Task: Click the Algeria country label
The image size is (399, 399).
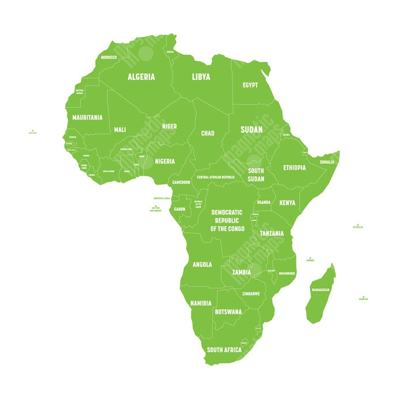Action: tap(141, 77)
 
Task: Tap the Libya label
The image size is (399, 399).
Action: tap(201, 77)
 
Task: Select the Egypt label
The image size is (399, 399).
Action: tap(250, 85)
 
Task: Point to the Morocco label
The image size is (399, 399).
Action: tap(108, 58)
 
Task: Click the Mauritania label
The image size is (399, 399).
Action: tap(87, 117)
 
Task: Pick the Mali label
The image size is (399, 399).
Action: tap(120, 130)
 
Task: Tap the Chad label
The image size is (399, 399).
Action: tap(208, 133)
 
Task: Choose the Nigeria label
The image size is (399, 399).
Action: tap(164, 161)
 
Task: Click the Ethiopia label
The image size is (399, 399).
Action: tap(294, 168)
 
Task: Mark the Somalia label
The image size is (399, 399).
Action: tap(327, 162)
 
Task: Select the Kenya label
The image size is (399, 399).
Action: tap(287, 203)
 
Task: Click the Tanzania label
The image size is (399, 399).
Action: tap(272, 234)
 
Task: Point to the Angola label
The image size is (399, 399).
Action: tap(202, 265)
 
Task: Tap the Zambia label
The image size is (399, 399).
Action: tap(241, 272)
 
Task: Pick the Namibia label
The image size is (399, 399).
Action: tap(201, 303)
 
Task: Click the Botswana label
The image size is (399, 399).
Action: tap(228, 311)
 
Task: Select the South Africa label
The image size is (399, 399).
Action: tap(224, 350)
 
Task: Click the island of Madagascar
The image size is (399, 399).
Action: tap(319, 294)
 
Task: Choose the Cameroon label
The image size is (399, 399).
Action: tap(181, 182)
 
